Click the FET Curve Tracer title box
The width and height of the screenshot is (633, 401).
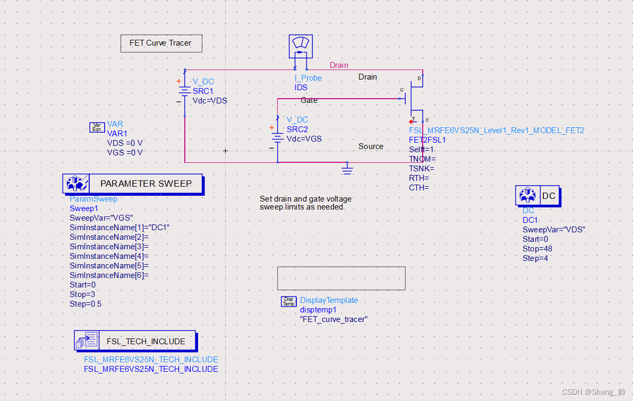[x=161, y=43]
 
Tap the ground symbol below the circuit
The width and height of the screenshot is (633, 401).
[x=347, y=169]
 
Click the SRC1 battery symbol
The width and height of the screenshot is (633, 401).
[x=184, y=92]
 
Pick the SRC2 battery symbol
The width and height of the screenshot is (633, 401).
[x=277, y=137]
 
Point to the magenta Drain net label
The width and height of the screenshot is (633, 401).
[x=339, y=65]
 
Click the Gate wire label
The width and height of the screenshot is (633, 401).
[x=309, y=100]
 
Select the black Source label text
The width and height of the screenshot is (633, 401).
[x=371, y=146]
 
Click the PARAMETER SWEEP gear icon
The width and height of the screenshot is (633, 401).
[x=76, y=184]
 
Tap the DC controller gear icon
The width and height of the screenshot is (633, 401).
[x=527, y=196]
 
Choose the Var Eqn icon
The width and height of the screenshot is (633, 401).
[x=97, y=127]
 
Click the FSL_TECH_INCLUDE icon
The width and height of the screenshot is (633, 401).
[x=87, y=341]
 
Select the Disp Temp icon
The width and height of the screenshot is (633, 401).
[x=288, y=301]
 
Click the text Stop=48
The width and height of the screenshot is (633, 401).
[x=537, y=249]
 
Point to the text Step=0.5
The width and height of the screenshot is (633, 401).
[x=85, y=304]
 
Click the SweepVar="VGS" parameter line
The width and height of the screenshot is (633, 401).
[x=101, y=218]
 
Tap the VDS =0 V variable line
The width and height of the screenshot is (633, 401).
[x=125, y=143]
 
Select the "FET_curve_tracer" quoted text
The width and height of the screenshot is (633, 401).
[x=333, y=319]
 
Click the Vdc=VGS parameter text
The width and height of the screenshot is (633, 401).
[x=304, y=139]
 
